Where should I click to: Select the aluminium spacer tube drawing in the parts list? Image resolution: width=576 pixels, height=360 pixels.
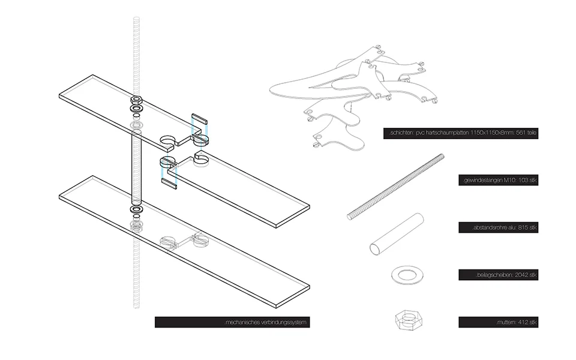397,234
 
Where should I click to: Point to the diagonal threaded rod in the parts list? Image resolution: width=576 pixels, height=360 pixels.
395,187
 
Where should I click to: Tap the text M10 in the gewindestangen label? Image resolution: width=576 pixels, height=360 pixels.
500,181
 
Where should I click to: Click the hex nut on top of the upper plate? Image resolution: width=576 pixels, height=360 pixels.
136,100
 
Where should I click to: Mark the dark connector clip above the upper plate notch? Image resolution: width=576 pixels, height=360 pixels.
199,119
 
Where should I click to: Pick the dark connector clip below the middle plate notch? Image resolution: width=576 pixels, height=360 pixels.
169,184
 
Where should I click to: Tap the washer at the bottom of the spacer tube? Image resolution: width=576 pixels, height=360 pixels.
136,210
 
